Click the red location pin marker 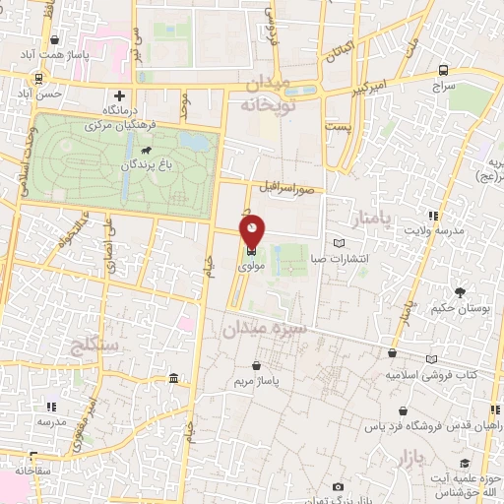[x=253, y=230]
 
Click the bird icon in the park [x=146, y=150]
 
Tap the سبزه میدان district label [x=267, y=328]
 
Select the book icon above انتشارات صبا [x=340, y=242]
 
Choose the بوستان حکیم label [x=460, y=308]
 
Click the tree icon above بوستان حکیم [x=460, y=291]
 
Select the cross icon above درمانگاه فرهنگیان [x=119, y=96]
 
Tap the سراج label [x=445, y=87]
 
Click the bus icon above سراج [x=444, y=70]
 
